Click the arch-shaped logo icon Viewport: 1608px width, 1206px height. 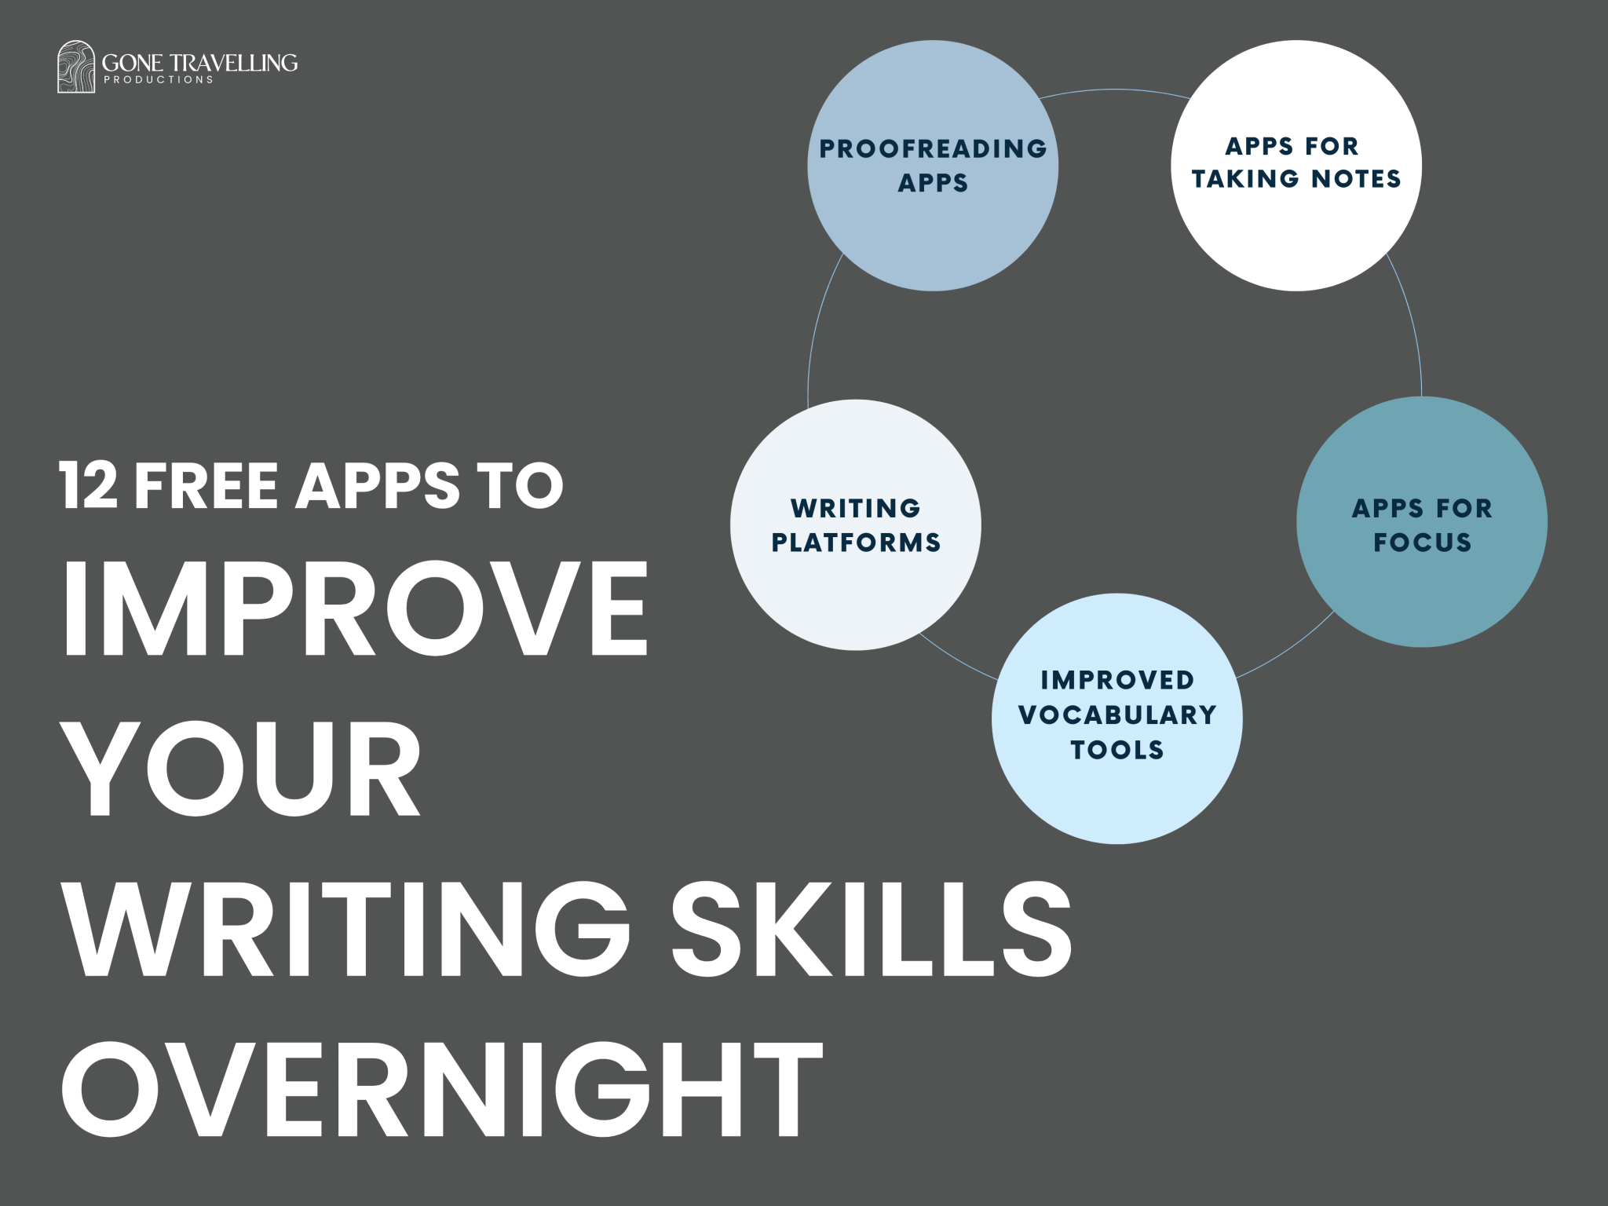75,67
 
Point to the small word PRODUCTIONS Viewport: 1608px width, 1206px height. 159,80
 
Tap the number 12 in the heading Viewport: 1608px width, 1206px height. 88,485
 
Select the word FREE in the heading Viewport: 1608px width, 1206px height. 206,485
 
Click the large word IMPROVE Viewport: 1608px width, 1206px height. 355,608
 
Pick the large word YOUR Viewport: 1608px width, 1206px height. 242,768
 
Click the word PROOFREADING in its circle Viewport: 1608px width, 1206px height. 933,148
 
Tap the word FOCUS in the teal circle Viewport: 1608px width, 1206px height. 1422,543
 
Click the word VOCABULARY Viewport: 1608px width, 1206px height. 1117,714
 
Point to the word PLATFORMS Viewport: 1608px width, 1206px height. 856,543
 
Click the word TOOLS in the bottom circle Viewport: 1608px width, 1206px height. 1117,750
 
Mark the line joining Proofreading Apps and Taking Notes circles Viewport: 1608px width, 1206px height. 1115,90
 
